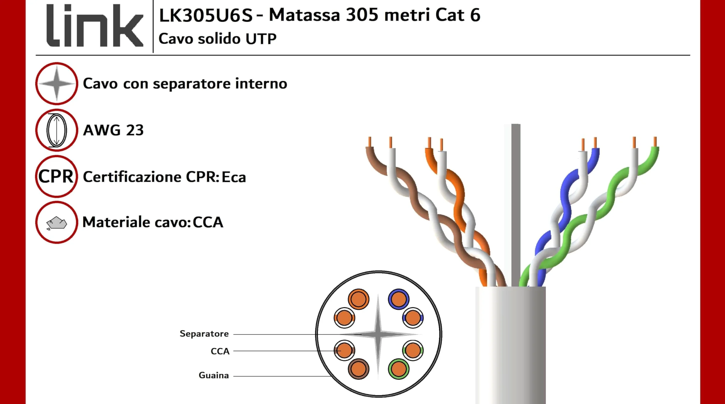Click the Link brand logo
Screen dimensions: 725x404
coord(95,25)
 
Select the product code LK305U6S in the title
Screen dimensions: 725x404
coord(206,15)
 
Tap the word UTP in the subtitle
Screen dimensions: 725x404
coord(261,39)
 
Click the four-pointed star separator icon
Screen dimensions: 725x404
coord(57,83)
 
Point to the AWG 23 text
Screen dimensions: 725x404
coord(113,130)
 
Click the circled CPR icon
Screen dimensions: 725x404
coord(57,176)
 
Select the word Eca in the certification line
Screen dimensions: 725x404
coord(234,177)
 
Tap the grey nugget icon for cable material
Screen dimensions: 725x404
coord(57,223)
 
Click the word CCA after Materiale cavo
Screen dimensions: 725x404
coord(208,222)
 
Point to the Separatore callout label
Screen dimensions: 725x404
coord(204,334)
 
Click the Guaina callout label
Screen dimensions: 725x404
coord(214,375)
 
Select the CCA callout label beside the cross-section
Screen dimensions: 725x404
coord(220,351)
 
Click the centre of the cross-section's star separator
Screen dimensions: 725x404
coord(378,334)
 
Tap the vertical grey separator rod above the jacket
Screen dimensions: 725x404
coord(516,205)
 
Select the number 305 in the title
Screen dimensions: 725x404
coord(362,15)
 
